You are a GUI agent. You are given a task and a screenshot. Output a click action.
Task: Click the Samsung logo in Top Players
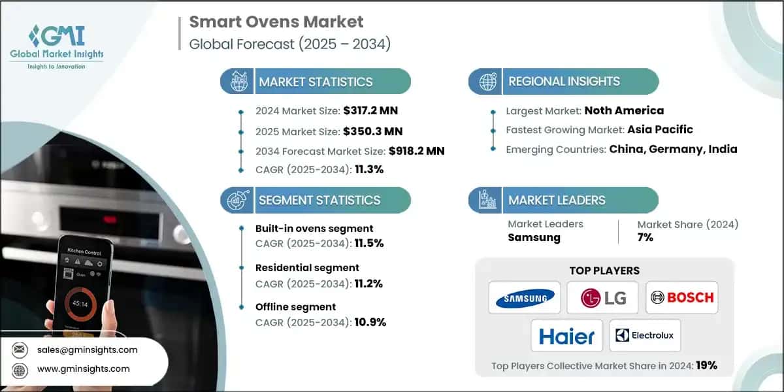pyautogui.click(x=525, y=298)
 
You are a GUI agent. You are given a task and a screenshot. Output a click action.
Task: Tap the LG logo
pyautogui.click(x=604, y=298)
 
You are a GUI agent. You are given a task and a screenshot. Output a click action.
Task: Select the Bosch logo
pyautogui.click(x=682, y=298)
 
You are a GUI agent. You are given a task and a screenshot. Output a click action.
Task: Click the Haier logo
pyautogui.click(x=566, y=336)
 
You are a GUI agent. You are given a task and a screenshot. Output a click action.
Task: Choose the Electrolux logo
pyautogui.click(x=645, y=336)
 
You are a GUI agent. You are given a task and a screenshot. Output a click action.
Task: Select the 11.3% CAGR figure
pyautogui.click(x=370, y=169)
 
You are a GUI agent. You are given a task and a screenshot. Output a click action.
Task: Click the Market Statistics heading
pyautogui.click(x=316, y=82)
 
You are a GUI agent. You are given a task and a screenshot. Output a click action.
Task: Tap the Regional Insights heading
pyautogui.click(x=564, y=82)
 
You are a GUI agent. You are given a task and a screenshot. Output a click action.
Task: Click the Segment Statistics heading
pyautogui.click(x=319, y=200)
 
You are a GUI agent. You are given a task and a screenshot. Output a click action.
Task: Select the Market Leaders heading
pyautogui.click(x=557, y=200)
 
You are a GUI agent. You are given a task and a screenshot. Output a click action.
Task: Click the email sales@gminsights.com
pyautogui.click(x=88, y=350)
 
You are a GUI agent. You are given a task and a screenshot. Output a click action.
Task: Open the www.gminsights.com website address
pyautogui.click(x=83, y=369)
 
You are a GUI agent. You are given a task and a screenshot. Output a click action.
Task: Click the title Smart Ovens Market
pyautogui.click(x=276, y=22)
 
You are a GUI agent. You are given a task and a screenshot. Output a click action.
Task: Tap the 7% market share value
pyautogui.click(x=645, y=237)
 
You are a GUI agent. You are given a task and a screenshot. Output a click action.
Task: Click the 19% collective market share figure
pyautogui.click(x=706, y=365)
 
